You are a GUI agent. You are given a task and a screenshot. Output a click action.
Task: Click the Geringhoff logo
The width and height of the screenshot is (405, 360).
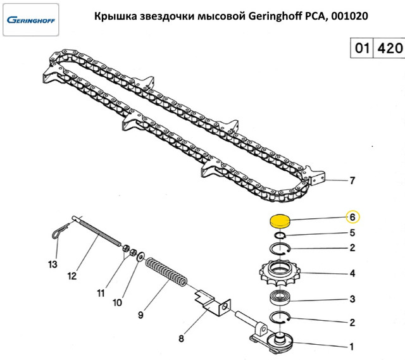point(31,20)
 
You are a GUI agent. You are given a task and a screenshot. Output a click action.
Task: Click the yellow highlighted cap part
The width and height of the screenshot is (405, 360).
point(280,221)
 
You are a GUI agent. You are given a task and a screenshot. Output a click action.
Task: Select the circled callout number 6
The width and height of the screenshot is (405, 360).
point(353,217)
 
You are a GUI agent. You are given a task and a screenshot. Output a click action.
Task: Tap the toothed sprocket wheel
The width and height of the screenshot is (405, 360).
point(280,273)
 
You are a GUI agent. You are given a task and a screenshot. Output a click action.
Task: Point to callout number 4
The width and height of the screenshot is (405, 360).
point(352,273)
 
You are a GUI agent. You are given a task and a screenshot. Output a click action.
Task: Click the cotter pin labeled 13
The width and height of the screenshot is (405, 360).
point(60,230)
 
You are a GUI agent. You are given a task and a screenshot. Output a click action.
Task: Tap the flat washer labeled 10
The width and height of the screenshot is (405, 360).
point(141,256)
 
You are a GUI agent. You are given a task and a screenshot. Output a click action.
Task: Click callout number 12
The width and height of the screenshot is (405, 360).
point(72,276)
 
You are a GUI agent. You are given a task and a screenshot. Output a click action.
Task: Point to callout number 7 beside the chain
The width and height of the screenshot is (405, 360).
point(352,180)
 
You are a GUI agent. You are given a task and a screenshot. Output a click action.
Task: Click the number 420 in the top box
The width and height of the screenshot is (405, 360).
point(390,48)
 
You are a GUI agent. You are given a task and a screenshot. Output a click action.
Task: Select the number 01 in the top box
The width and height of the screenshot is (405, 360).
point(362,48)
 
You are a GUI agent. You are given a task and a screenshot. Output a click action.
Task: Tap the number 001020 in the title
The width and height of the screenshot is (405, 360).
point(349,16)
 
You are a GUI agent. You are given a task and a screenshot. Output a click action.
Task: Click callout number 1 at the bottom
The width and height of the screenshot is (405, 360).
point(352,346)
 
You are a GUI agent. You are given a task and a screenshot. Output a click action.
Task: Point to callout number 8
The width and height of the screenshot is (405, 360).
point(181,338)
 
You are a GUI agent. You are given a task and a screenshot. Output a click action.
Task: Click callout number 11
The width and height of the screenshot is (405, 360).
point(101,293)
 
